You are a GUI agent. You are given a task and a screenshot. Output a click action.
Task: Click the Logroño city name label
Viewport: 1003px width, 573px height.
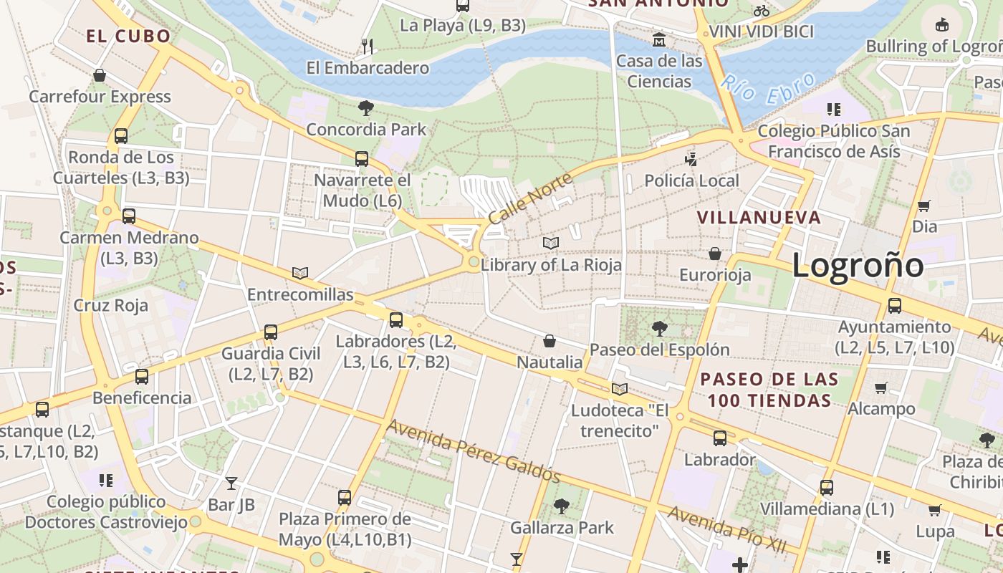pyautogui.click(x=858, y=266)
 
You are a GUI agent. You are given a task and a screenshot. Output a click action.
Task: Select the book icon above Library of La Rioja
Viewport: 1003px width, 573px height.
pyautogui.click(x=550, y=244)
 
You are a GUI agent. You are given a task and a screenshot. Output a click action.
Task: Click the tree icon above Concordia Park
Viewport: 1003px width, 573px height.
pyautogui.click(x=366, y=108)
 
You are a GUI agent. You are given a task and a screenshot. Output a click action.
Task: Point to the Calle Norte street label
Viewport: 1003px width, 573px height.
pyautogui.click(x=530, y=198)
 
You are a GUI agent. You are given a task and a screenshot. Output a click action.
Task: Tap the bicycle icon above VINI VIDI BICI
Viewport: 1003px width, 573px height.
pyautogui.click(x=762, y=11)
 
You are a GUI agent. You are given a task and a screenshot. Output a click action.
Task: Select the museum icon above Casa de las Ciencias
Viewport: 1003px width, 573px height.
pyautogui.click(x=659, y=39)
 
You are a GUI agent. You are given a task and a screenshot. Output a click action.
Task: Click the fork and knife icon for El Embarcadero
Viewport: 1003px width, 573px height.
pyautogui.click(x=368, y=47)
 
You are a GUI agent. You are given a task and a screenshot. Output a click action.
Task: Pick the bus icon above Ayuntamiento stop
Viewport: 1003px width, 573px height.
pyautogui.click(x=894, y=306)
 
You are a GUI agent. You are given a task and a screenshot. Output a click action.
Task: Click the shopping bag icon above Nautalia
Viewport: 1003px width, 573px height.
pyautogui.click(x=550, y=341)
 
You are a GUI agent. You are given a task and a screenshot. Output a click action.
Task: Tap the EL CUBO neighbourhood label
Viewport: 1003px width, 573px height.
pyautogui.click(x=129, y=37)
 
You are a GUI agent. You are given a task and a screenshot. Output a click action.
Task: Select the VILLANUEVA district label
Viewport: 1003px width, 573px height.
pyautogui.click(x=759, y=218)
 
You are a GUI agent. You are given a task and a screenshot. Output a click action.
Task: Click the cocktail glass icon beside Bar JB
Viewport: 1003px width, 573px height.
pyautogui.click(x=231, y=483)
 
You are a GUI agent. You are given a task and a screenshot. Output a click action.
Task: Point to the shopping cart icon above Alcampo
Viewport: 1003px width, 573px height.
pyautogui.click(x=881, y=387)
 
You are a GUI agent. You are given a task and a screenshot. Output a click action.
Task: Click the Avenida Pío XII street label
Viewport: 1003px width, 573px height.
pyautogui.click(x=726, y=529)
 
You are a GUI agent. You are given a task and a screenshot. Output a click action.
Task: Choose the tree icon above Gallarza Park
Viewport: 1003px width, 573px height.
pyautogui.click(x=562, y=506)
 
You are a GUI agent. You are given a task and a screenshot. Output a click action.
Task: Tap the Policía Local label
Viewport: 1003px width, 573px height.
pyautogui.click(x=691, y=180)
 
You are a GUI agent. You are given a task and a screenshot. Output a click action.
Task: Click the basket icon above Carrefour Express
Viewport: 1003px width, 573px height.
pyautogui.click(x=100, y=75)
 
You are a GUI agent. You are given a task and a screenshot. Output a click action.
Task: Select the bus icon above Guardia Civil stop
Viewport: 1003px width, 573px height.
pyautogui.click(x=270, y=332)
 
